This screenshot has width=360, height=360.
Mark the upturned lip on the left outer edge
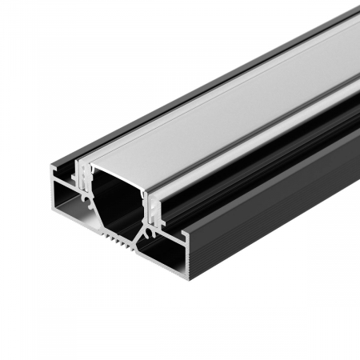point(54,170)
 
